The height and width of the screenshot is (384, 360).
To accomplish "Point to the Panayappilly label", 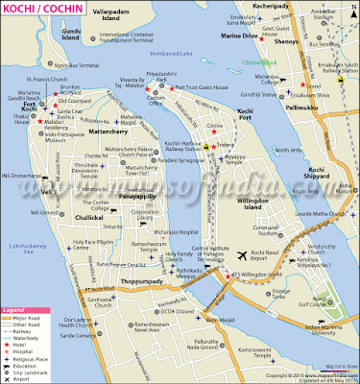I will [x=134, y=196].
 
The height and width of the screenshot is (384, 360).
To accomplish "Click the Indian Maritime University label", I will [x=328, y=306].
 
